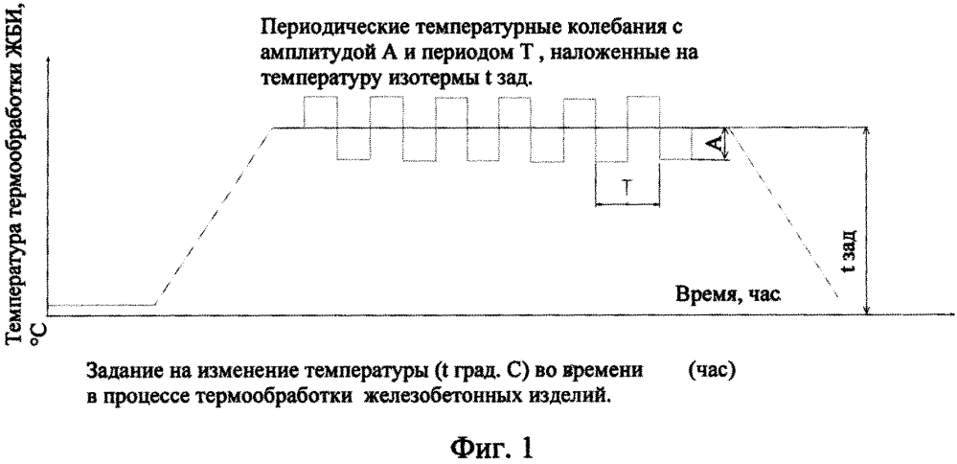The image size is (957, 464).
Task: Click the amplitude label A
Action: tap(718, 144)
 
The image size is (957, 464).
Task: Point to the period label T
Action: tap(627, 188)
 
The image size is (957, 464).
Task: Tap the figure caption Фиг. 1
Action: tap(491, 448)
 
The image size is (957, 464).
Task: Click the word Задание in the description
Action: tap(122, 371)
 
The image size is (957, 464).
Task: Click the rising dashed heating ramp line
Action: tap(214, 216)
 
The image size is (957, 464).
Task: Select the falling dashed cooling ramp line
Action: tap(785, 212)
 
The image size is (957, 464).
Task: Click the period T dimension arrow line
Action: tap(627, 204)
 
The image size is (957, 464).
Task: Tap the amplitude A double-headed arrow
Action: tap(726, 144)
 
